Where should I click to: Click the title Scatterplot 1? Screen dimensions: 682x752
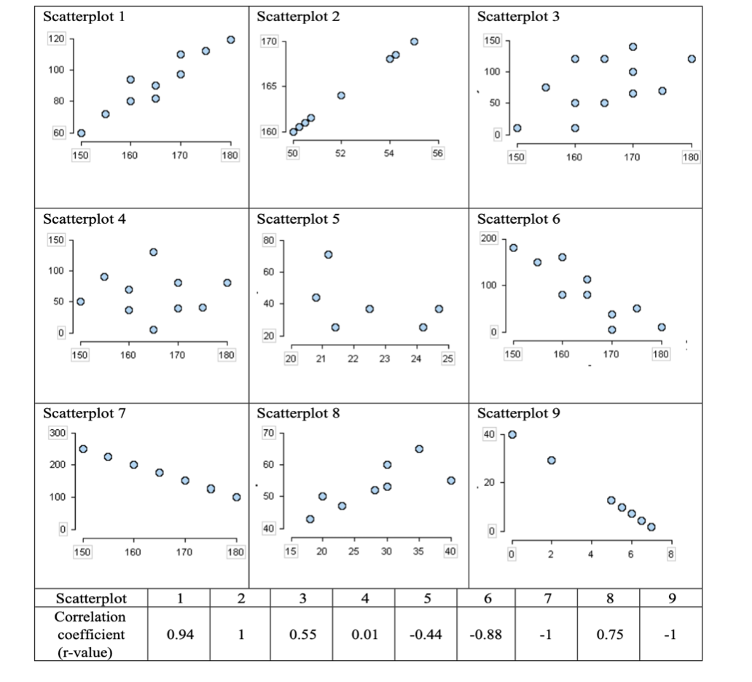pos(84,17)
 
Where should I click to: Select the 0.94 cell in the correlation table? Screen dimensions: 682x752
pos(179,635)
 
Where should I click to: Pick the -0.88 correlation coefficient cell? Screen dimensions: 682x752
pos(487,635)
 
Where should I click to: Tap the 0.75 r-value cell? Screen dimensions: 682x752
pos(608,635)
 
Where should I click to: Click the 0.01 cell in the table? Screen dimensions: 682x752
pos(364,635)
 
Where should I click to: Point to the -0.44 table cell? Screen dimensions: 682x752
pos(426,635)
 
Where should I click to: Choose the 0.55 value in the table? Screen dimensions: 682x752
pos(302,635)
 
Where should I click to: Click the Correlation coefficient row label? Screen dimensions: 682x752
pos(91,634)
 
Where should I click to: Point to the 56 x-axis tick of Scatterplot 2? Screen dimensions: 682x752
pos(437,153)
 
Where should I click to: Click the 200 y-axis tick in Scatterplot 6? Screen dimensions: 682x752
pos(488,239)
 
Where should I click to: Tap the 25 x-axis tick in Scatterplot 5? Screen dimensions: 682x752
pos(448,358)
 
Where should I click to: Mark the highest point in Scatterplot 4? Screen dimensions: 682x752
pos(153,252)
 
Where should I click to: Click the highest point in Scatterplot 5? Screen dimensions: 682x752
pos(328,254)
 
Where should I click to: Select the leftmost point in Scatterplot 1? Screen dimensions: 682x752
pos(81,133)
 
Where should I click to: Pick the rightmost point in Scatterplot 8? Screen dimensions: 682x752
pos(451,480)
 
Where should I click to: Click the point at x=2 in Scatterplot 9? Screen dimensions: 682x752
pos(552,460)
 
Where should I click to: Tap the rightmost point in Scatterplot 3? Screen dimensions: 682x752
pos(691,59)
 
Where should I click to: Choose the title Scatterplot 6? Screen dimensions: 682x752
pos(519,219)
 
